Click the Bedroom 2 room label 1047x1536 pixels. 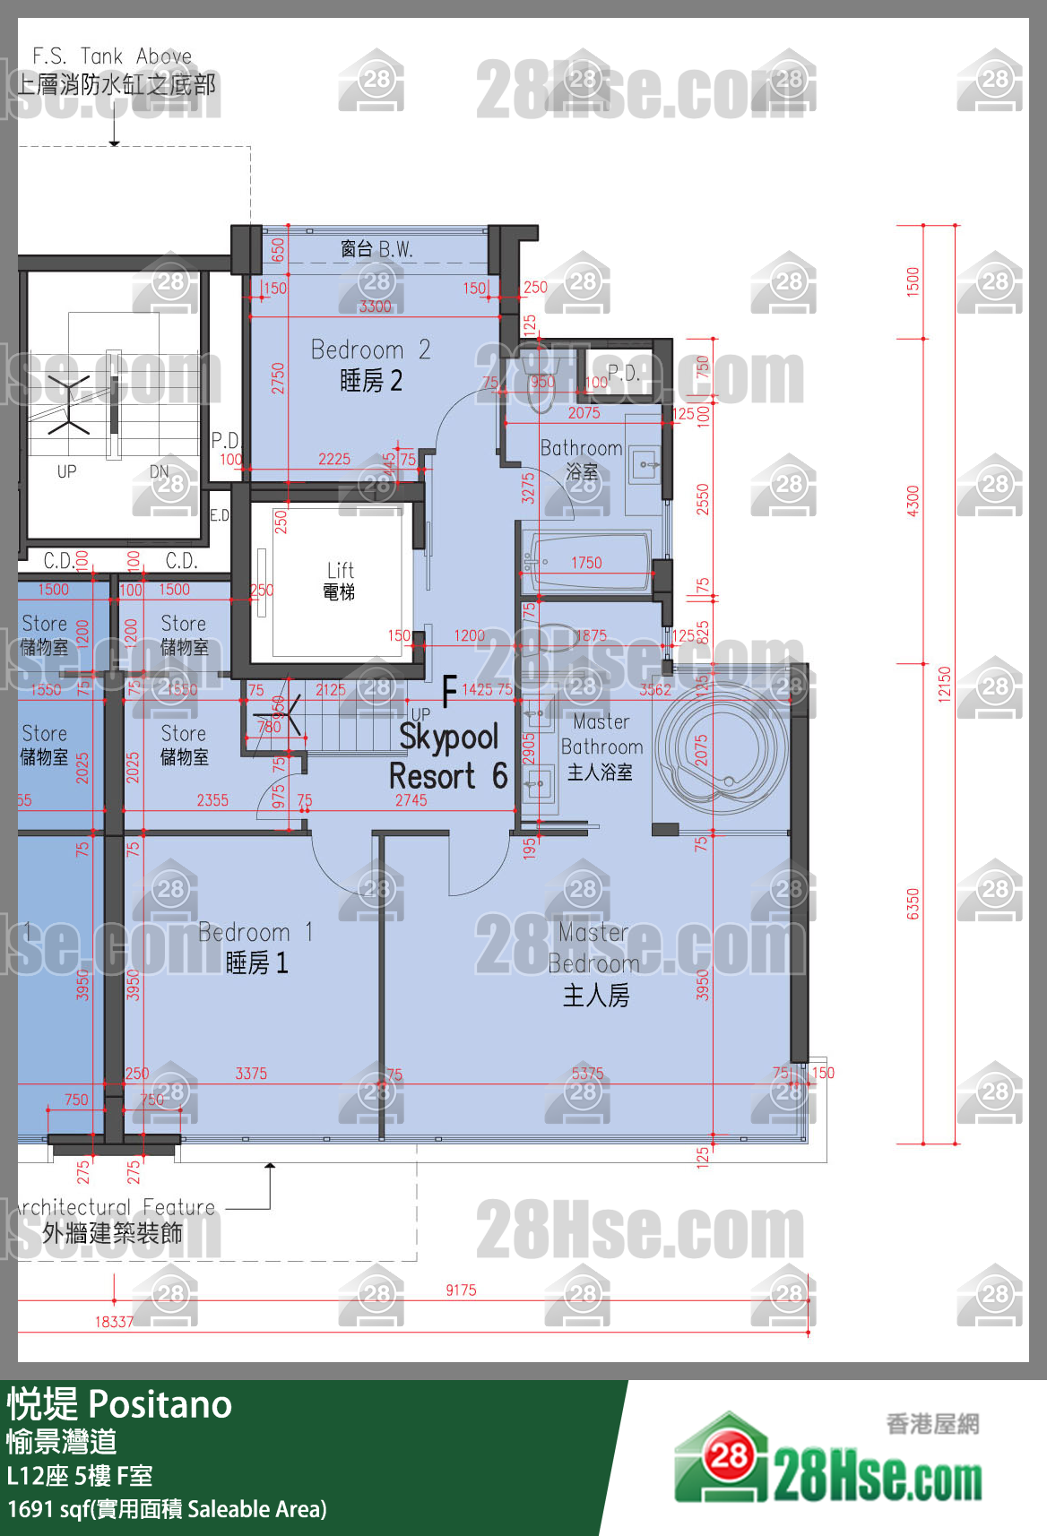pyautogui.click(x=370, y=364)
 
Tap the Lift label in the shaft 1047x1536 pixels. pyautogui.click(x=340, y=580)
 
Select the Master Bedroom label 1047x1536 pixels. pyautogui.click(x=594, y=963)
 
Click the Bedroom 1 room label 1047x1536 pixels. pyautogui.click(x=255, y=947)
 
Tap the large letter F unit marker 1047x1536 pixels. pyautogui.click(x=450, y=691)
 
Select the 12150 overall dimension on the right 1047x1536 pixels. pyautogui.click(x=943, y=684)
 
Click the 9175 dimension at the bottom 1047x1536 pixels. pyautogui.click(x=461, y=1290)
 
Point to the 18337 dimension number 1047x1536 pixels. pyautogui.click(x=114, y=1322)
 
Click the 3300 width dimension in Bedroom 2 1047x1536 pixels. pyautogui.click(x=375, y=306)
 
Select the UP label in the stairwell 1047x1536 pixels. pyautogui.click(x=67, y=471)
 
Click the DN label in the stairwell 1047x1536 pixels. pyautogui.click(x=159, y=471)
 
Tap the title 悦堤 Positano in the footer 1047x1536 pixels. pyautogui.click(x=119, y=1404)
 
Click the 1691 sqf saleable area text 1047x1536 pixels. pyautogui.click(x=167, y=1509)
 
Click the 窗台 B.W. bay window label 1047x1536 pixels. pyautogui.click(x=376, y=249)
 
